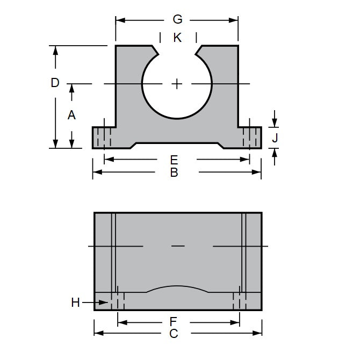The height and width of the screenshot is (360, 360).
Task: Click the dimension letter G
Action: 177,20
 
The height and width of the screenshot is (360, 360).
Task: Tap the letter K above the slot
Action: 178,38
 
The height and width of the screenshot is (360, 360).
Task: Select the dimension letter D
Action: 55,83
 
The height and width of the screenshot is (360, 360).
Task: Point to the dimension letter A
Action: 71,114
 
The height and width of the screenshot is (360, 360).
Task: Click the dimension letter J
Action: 275,138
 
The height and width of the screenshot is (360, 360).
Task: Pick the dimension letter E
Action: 174,160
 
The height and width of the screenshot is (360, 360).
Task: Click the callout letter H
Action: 76,303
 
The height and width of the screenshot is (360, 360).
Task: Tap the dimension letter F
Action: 174,322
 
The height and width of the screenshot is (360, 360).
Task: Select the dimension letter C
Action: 174,334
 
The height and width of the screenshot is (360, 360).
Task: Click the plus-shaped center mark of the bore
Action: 177,84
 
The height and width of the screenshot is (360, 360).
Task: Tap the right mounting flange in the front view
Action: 250,137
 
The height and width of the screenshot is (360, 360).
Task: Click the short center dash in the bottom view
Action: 178,246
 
